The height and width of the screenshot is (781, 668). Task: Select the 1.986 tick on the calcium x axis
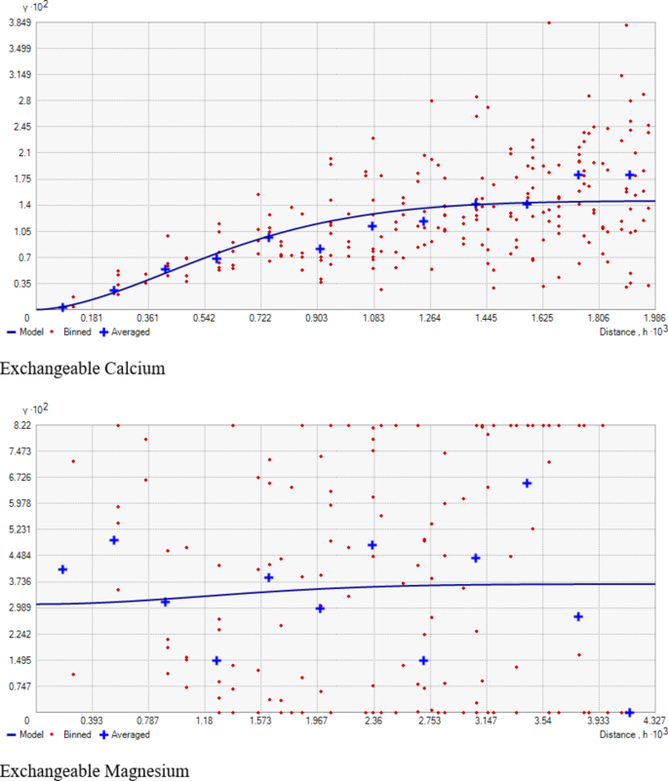click(655, 318)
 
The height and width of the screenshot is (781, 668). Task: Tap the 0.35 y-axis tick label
click(22, 284)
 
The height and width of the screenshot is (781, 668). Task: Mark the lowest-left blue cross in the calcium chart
click(63, 307)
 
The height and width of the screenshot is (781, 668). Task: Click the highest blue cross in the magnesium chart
click(527, 483)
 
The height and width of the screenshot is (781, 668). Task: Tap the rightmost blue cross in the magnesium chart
click(629, 713)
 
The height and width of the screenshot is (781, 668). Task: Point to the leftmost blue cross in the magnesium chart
click(63, 569)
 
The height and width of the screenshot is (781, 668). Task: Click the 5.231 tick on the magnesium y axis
click(20, 529)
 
